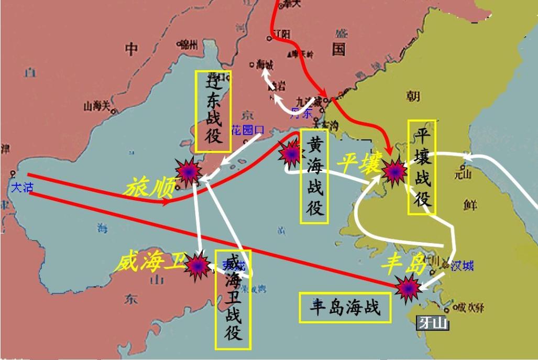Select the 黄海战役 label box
click(x=315, y=177)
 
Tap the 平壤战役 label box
click(x=422, y=167)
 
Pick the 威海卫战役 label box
click(x=233, y=300)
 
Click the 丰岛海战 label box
click(x=345, y=308)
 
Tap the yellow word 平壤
click(x=358, y=165)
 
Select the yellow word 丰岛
click(x=405, y=263)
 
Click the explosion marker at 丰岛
click(x=407, y=288)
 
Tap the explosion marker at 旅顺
click(x=189, y=171)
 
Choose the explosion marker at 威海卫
click(x=198, y=265)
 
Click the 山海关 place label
click(x=97, y=106)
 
